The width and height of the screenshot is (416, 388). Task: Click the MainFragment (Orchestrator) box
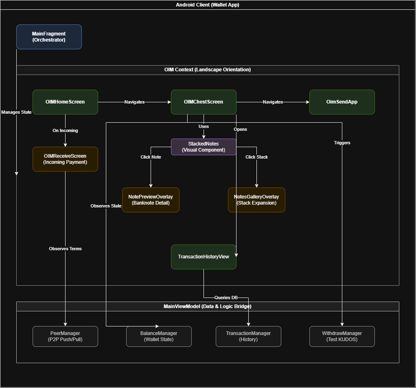coord(49,37)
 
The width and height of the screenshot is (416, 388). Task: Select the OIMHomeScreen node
coord(65,102)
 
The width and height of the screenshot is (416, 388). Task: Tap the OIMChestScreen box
coord(204,102)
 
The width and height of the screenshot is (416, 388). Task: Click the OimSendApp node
coord(342,102)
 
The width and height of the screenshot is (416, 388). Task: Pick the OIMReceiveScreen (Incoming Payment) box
coord(65,159)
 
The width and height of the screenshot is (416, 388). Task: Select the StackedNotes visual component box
coord(204,147)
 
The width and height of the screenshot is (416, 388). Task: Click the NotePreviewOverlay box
coord(151,200)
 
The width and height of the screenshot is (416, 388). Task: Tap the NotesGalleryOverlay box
coord(256,200)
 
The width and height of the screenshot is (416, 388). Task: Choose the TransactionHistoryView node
coord(204,257)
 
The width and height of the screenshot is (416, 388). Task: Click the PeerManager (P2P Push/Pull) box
coord(65,336)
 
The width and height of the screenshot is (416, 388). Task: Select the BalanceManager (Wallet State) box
coord(159,336)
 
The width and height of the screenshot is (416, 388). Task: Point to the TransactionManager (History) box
coord(248,336)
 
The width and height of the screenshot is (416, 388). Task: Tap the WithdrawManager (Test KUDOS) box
coord(342,336)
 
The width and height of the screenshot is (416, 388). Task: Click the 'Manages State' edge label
coord(16,112)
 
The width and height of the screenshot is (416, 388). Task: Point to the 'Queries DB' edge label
coord(226,298)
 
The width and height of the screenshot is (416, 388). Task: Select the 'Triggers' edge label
coord(342,143)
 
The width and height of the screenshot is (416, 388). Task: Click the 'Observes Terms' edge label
coord(65,249)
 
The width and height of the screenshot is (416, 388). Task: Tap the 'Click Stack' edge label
coord(256,157)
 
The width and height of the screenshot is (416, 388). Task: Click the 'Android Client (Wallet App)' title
coord(208,5)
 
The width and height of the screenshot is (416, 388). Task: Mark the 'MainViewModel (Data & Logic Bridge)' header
coord(208,306)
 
